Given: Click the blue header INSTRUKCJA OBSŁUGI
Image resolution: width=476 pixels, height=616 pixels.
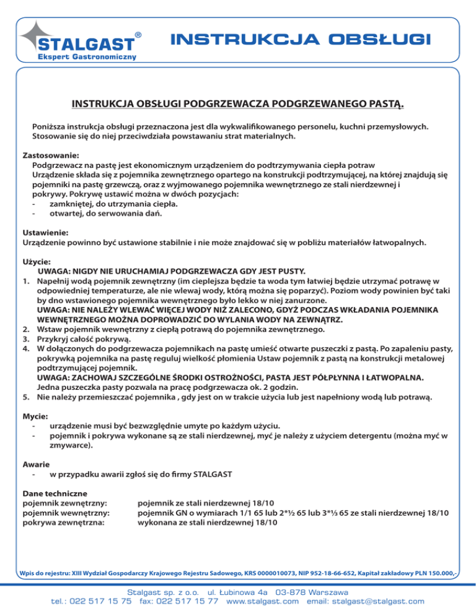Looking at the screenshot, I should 299,40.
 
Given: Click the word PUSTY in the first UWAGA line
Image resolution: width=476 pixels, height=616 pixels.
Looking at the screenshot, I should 289,271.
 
